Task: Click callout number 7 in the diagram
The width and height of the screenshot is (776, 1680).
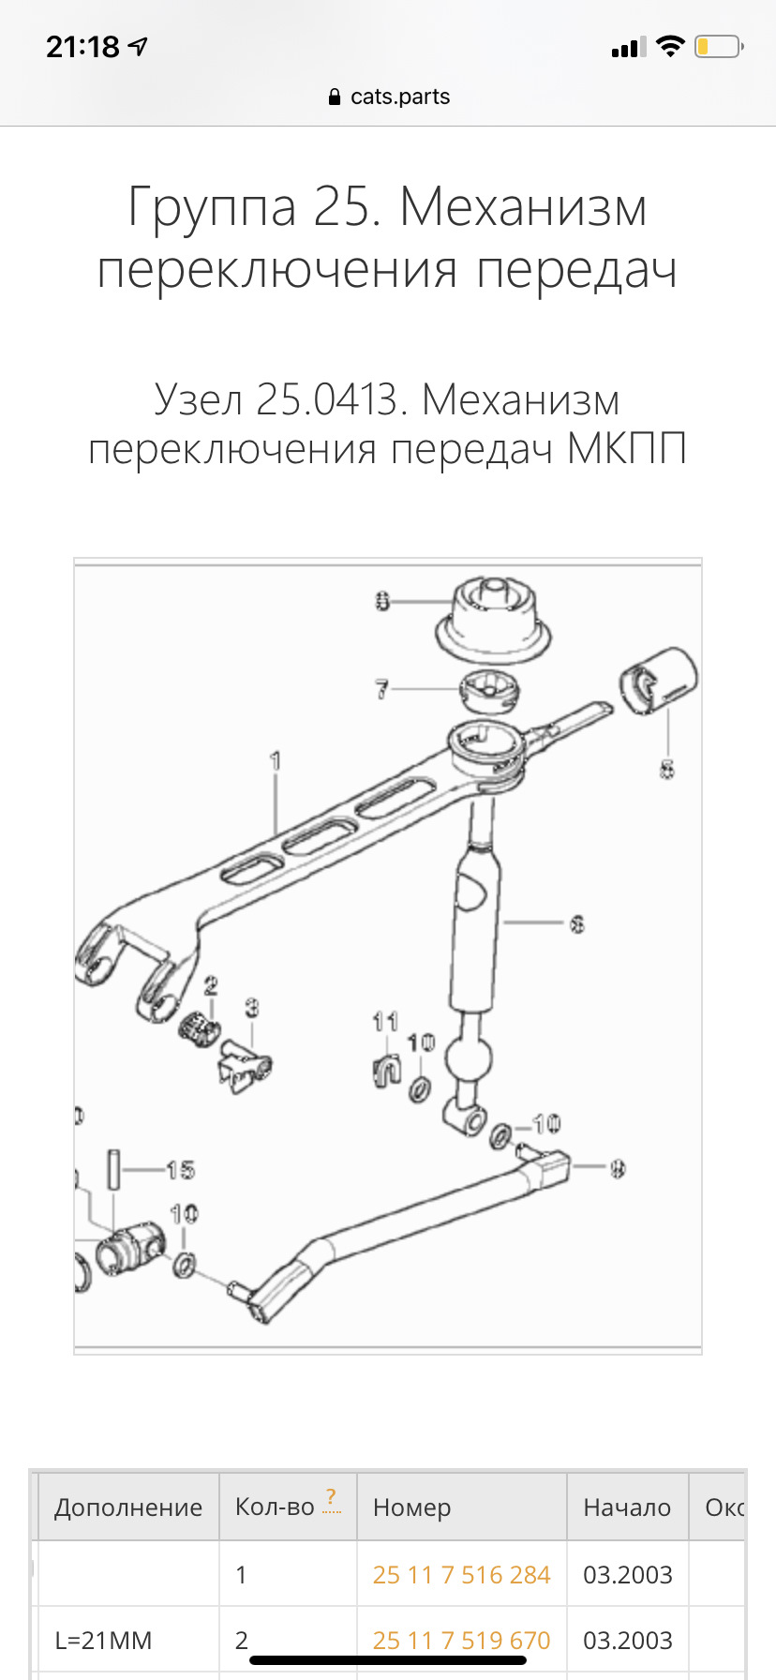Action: tap(381, 689)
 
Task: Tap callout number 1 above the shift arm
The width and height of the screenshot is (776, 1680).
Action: tap(276, 760)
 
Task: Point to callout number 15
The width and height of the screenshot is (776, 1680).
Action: tap(180, 1169)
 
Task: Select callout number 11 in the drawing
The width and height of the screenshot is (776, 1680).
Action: tap(385, 1021)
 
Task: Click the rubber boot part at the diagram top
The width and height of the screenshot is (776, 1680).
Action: tap(491, 621)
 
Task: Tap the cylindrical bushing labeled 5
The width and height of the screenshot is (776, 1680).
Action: tap(658, 681)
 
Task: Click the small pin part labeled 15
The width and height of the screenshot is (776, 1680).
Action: tap(113, 1169)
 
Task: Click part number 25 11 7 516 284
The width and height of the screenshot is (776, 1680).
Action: tap(461, 1574)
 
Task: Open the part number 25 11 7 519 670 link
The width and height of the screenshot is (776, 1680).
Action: tap(461, 1640)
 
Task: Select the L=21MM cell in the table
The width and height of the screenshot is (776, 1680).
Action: tap(103, 1640)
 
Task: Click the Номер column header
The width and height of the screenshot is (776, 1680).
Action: tap(411, 1507)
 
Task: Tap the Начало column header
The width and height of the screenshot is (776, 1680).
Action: tap(626, 1507)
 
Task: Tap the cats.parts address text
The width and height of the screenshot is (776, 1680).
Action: tap(399, 97)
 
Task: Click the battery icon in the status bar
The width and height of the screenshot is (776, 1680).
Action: tap(718, 46)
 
